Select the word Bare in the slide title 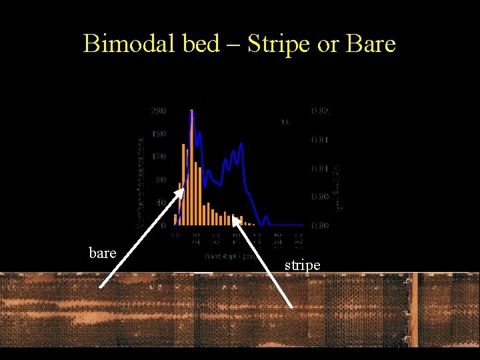click(x=369, y=44)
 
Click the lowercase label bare click(x=103, y=253)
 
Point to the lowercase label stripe click(x=303, y=265)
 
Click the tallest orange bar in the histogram click(x=191, y=167)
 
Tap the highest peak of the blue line click(x=192, y=111)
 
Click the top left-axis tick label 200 click(x=158, y=111)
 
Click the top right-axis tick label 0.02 click(x=320, y=111)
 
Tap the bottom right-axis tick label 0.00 click(x=320, y=225)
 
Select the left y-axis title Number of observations click(x=141, y=183)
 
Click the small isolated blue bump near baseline click(x=266, y=219)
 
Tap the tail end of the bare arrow click(x=101, y=287)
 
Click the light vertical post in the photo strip click(x=413, y=310)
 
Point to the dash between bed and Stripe click(x=233, y=45)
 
